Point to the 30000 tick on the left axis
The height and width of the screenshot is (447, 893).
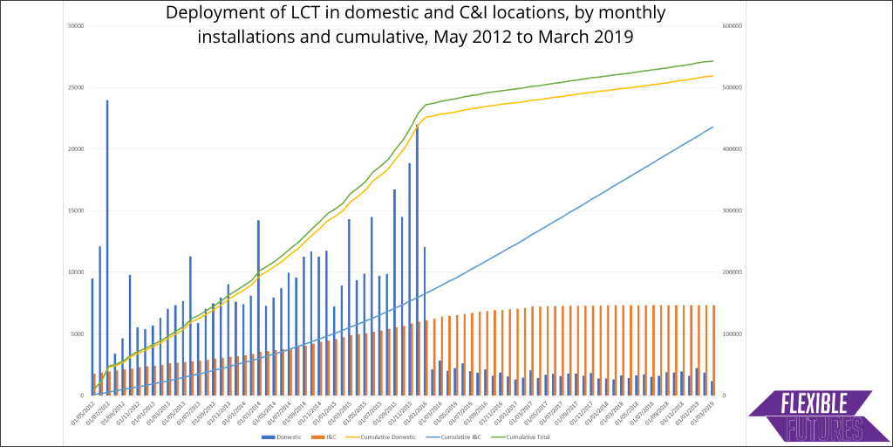74,25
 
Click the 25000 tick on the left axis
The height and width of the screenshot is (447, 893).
74,87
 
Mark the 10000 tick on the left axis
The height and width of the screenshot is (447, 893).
74,272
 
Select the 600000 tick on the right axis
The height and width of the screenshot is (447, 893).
733,25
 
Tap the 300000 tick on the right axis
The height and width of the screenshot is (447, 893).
733,210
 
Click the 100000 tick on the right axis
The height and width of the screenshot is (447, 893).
733,334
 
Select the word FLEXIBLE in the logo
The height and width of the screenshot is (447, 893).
814,405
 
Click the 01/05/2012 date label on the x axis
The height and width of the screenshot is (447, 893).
85,411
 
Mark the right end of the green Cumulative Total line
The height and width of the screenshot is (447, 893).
713,61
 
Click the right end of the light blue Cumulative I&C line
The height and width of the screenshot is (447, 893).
713,127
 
